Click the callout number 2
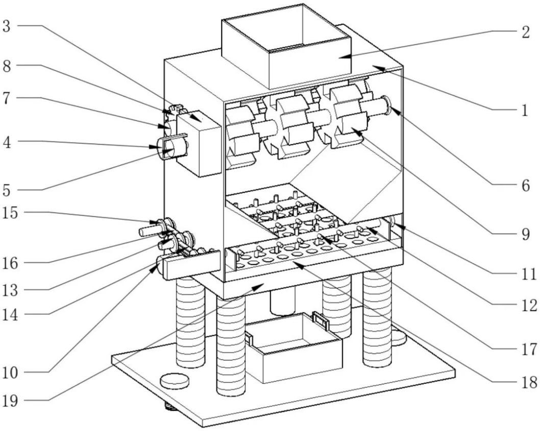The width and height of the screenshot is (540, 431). (x=525, y=32)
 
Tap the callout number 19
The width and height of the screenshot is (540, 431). (x=12, y=399)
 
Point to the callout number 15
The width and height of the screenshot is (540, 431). (x=12, y=212)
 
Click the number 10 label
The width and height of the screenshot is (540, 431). (x=12, y=372)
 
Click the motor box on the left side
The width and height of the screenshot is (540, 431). (x=198, y=141)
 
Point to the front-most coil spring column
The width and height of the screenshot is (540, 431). (x=230, y=347)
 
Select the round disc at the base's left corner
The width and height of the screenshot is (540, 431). (x=174, y=380)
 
